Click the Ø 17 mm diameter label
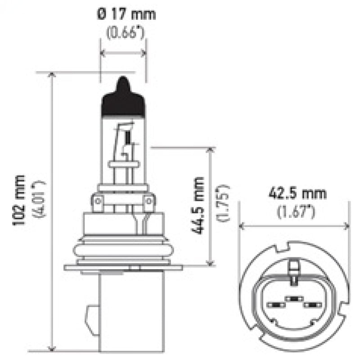pos(126,14)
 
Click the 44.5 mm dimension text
pos(197,205)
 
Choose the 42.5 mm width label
pos(297,194)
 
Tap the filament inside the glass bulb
pos(127,137)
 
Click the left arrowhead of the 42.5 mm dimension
pos(242,225)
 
